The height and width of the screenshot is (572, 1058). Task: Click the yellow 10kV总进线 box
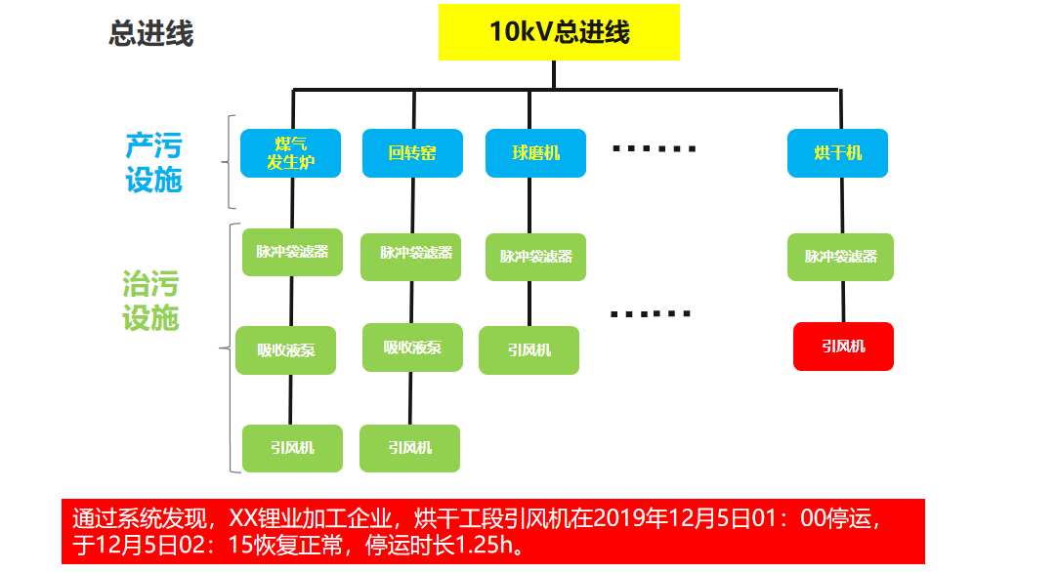coord(558,32)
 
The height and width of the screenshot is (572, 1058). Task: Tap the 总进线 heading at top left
coord(151,34)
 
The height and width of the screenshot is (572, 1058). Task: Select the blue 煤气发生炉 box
coord(290,153)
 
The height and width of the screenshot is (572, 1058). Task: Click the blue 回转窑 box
coord(411,153)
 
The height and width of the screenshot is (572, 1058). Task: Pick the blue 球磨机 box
coord(535,153)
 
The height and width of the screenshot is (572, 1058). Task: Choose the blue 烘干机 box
coord(837,153)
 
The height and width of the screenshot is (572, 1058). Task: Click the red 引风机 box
coord(842,347)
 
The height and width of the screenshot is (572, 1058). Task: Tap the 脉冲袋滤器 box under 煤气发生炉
coord(292,252)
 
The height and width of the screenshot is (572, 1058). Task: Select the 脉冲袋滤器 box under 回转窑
coord(415,253)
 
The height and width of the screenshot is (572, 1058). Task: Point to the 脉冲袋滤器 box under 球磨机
coord(535,257)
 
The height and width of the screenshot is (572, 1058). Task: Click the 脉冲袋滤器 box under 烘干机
coord(840,257)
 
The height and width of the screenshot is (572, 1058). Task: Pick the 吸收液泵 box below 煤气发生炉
coord(285,350)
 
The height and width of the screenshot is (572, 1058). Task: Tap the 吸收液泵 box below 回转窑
coord(411,347)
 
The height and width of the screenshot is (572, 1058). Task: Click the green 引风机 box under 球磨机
coord(529,350)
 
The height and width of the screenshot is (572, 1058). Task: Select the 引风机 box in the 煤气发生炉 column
coord(292,448)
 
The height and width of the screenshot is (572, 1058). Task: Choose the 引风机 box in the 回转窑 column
coord(409,448)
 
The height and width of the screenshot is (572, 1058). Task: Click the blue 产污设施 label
coord(153,163)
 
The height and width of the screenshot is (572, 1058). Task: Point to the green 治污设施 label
coord(150,302)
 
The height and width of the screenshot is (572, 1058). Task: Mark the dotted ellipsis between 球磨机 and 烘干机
coord(654,149)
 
